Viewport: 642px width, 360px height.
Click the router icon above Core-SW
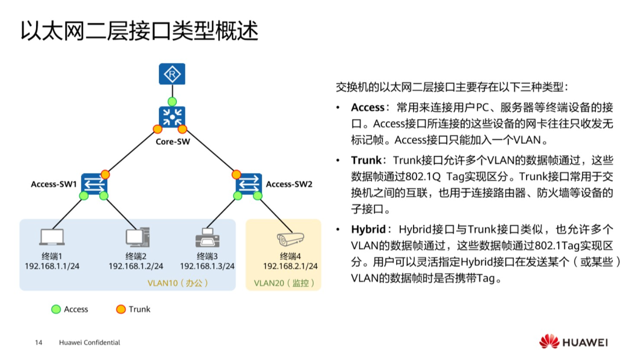click(x=172, y=74)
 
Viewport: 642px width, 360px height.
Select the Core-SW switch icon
click(x=172, y=117)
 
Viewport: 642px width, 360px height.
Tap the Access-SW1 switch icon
click(x=94, y=183)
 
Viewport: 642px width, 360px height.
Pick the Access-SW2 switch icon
click(x=249, y=183)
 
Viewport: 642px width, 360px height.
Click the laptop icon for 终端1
click(x=52, y=237)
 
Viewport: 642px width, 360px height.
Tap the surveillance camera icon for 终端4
click(x=290, y=239)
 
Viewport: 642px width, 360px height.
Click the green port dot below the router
click(x=172, y=101)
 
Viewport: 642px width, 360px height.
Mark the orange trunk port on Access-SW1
click(x=105, y=174)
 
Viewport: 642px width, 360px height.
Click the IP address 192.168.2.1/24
click(x=290, y=266)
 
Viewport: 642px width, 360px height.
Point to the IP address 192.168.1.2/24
click(x=136, y=266)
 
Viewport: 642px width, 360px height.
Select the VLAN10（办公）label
click(x=178, y=283)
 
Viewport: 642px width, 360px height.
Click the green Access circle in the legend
click(x=56, y=309)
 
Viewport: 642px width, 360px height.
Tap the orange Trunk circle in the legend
click(x=121, y=309)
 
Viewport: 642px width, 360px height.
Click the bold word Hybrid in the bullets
click(x=368, y=229)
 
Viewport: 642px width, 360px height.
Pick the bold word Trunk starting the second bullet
click(x=366, y=160)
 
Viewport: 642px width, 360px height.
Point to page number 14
click(x=38, y=342)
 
